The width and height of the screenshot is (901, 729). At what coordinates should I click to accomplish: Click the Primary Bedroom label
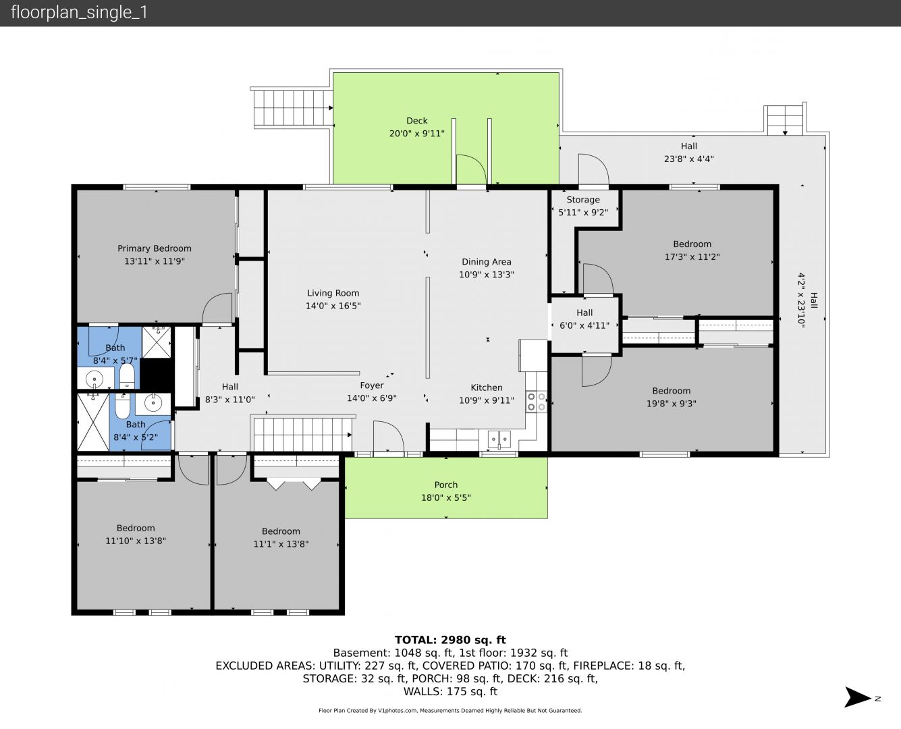[155, 248]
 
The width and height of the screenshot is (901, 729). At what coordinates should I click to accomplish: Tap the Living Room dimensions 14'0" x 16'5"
[333, 306]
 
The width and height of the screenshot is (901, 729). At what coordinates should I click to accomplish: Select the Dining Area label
[487, 262]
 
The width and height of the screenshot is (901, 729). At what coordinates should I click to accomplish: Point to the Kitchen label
[487, 387]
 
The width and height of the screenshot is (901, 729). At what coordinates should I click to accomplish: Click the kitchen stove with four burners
[537, 402]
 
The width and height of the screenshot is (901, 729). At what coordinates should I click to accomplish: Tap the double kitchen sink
[499, 439]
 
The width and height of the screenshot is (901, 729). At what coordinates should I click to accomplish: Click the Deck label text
[417, 121]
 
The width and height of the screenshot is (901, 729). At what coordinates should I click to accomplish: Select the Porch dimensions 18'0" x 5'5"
[446, 498]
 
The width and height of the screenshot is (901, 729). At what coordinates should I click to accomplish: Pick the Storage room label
[583, 200]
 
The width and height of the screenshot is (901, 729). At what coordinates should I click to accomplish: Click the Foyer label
[372, 385]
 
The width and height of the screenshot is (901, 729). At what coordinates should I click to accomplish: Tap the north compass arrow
[858, 697]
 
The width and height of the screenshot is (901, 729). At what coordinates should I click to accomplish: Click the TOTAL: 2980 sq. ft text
[451, 640]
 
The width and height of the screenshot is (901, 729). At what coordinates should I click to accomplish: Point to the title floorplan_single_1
[79, 13]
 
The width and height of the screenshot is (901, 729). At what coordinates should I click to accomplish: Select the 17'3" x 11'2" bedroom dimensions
[692, 256]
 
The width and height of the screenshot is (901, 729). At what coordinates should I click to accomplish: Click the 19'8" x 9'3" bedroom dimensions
[672, 404]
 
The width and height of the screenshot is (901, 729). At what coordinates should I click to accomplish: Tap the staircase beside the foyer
[303, 435]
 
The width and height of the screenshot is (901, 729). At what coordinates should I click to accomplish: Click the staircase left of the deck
[292, 108]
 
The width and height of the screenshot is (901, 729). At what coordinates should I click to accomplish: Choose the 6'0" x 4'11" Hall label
[584, 319]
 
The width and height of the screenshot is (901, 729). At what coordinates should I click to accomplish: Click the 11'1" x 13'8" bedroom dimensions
[281, 544]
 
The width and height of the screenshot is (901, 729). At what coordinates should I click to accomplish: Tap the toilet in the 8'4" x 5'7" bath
[127, 375]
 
